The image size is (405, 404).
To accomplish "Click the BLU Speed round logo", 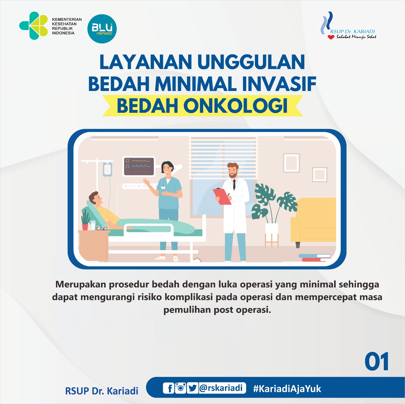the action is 102,29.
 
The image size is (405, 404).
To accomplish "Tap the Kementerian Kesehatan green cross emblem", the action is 34,26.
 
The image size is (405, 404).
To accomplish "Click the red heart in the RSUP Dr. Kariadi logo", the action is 331,37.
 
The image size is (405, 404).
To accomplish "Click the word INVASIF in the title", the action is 279,84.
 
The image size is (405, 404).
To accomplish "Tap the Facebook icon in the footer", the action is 169,388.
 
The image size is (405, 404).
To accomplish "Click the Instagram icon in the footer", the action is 181,388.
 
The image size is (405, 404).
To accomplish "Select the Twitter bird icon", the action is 192,388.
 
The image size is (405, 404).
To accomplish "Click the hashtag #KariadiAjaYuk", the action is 287,389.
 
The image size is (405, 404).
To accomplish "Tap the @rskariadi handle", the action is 222,388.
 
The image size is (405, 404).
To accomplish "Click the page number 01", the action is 377,362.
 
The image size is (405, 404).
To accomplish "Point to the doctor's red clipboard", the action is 222,196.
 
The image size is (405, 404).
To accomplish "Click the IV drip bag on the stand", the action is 107,169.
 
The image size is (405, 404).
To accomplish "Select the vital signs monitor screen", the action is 139,167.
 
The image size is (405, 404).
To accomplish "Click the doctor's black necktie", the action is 234,184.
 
